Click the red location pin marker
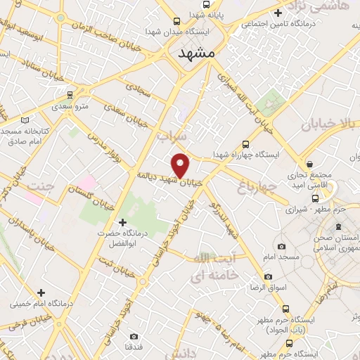(181, 165)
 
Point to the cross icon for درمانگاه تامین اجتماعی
(278, 13)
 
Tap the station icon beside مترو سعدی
(70, 94)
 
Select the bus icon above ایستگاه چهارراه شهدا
(245, 142)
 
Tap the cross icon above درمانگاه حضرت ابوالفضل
(123, 223)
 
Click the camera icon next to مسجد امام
(282, 246)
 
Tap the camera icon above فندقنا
(134, 336)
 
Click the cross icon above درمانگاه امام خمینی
(41, 292)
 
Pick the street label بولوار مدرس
(100, 148)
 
